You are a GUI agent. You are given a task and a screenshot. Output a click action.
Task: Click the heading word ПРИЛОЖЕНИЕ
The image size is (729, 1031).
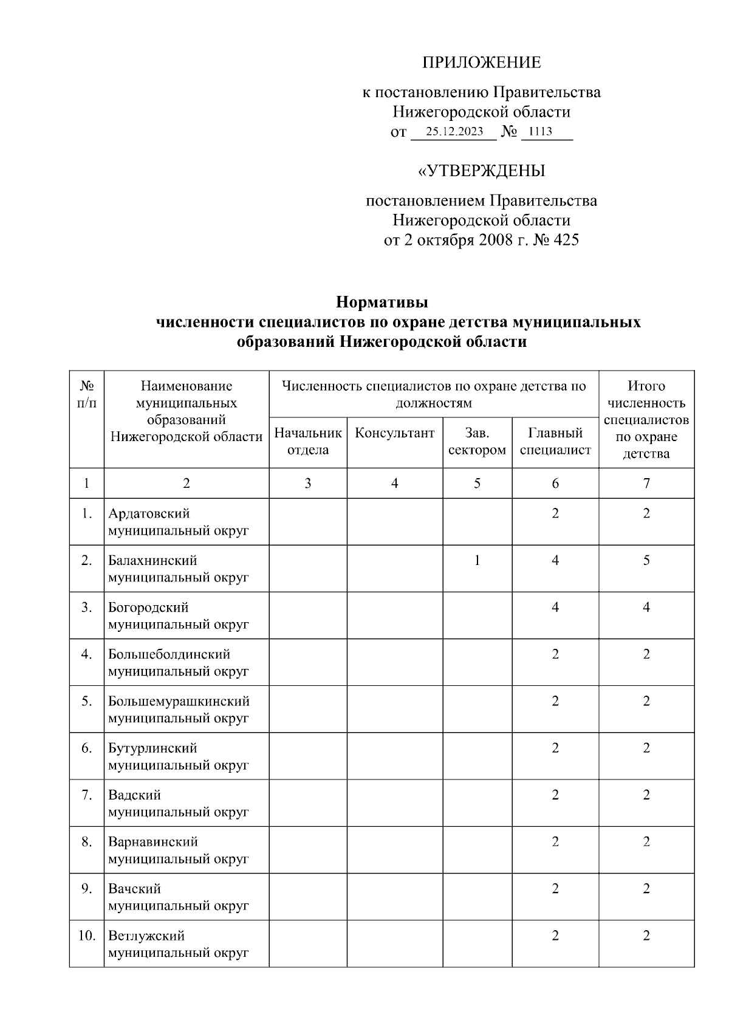[481, 63]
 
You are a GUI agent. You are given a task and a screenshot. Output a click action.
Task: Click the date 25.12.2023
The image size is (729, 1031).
[454, 132]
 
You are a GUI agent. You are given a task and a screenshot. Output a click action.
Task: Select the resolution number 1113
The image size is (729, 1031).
[540, 132]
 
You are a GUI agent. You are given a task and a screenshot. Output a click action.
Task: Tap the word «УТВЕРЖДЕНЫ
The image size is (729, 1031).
[481, 171]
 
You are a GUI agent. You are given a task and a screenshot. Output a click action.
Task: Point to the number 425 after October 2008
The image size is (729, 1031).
[566, 240]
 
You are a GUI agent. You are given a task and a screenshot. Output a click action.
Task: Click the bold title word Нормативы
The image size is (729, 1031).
[382, 302]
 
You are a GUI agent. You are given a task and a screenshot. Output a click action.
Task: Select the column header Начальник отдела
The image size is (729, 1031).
[308, 441]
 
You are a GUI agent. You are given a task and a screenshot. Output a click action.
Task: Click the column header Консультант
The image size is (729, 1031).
[394, 433]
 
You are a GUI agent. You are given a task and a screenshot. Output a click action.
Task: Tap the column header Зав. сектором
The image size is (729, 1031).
[477, 441]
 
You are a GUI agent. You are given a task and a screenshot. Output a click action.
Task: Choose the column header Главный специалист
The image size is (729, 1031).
[555, 441]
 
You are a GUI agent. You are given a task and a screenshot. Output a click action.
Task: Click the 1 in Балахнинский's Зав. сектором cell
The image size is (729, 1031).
[477, 560]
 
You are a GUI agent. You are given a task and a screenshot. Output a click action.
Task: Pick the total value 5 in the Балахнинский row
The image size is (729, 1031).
[646, 560]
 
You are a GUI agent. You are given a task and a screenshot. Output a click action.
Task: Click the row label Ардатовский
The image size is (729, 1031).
[149, 513]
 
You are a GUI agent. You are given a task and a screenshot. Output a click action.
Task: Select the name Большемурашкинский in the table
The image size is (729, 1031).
[179, 701]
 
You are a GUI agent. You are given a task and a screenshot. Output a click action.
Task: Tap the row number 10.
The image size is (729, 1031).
[87, 936]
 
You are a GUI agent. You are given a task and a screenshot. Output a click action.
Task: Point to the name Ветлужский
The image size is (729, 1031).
[146, 936]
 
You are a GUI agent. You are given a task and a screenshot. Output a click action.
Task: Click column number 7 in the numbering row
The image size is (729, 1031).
[646, 484]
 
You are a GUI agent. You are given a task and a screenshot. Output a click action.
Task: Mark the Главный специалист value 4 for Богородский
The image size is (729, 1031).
[555, 608]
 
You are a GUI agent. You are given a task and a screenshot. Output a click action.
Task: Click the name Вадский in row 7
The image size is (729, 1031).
[134, 795]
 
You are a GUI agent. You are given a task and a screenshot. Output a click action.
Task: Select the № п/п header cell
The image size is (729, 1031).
[87, 395]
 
